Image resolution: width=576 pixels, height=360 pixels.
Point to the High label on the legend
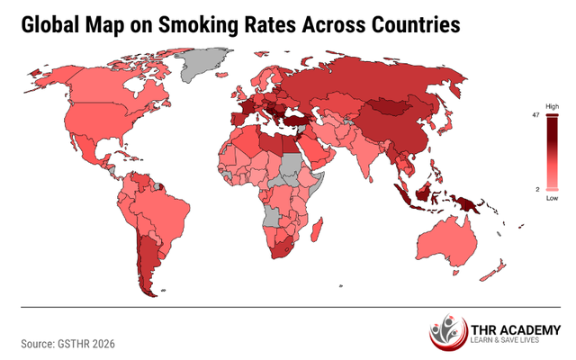click(553, 106)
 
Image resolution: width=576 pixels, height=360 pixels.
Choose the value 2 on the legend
click(537, 189)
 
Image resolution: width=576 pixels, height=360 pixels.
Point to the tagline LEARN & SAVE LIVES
click(509, 342)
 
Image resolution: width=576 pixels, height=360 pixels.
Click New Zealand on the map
click(492, 269)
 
